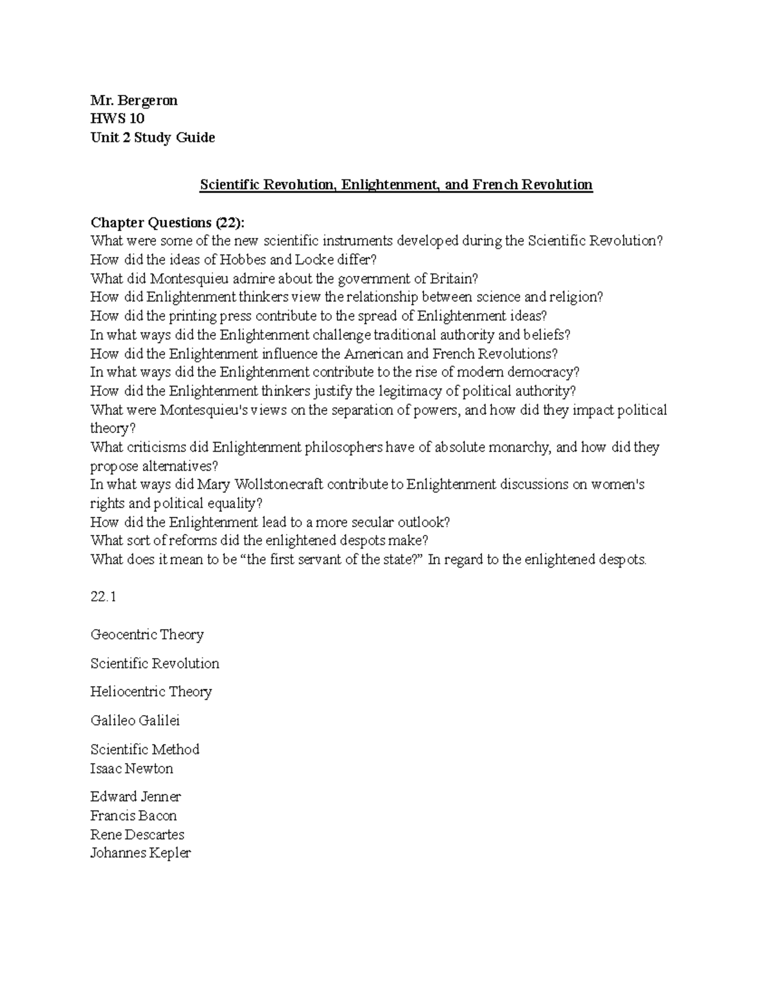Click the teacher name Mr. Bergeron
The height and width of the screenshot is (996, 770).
pos(134,100)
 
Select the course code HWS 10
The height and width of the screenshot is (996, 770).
pos(117,119)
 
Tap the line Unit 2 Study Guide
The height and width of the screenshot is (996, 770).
pos(153,137)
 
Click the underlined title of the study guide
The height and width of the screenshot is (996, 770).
pos(396,185)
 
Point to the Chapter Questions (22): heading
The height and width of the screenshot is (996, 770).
pos(167,223)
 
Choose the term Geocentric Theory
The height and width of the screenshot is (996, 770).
pos(147,634)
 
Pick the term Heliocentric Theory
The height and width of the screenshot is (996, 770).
pos(151,691)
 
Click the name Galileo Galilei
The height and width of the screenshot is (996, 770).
pos(135,720)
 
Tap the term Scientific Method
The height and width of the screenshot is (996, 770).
pos(145,749)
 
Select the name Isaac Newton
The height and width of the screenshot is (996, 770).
pos(132,768)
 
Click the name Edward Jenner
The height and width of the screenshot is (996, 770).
pos(135,797)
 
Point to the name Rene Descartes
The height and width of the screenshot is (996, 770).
pos(137,834)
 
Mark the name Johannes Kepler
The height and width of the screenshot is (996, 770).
pos(141,853)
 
